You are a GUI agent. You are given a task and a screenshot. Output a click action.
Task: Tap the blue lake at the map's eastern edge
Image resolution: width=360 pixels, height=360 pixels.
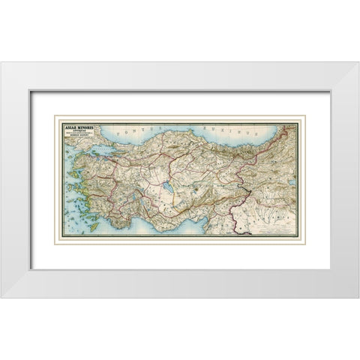[293, 181]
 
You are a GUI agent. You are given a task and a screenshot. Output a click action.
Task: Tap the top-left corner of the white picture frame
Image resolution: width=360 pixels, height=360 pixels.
[2, 62]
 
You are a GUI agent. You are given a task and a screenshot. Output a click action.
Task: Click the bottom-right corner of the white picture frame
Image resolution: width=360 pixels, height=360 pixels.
[358, 297]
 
